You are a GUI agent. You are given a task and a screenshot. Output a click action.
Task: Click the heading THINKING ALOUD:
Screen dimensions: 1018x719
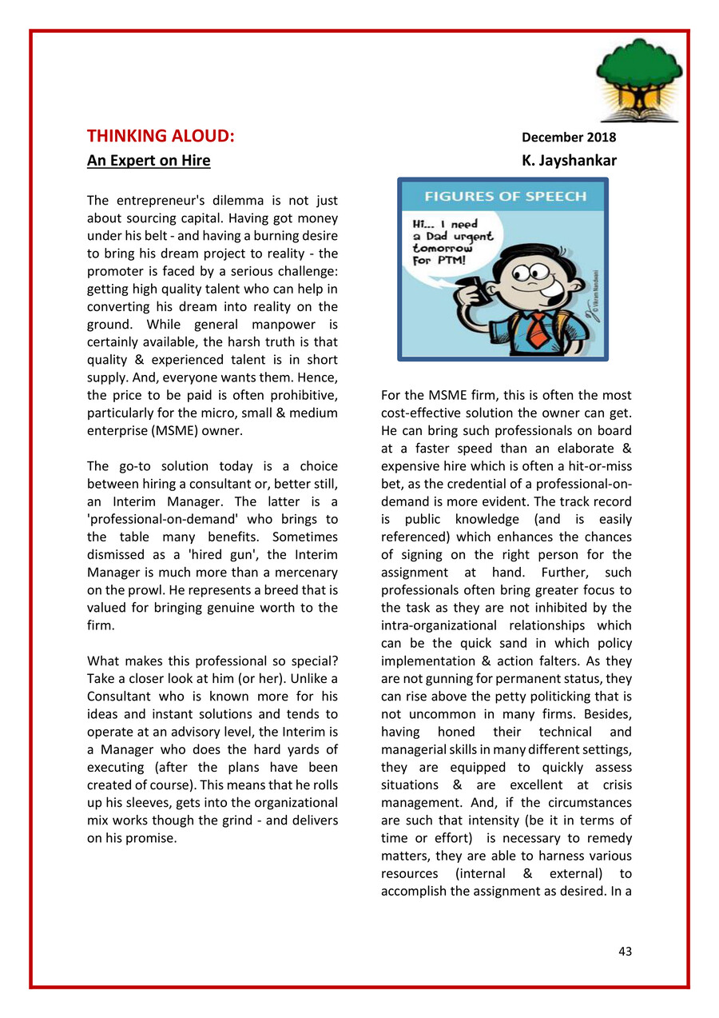click(x=161, y=136)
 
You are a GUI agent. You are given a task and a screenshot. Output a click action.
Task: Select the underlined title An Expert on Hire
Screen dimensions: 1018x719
click(x=149, y=161)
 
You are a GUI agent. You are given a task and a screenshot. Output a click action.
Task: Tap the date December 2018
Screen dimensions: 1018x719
click(x=569, y=137)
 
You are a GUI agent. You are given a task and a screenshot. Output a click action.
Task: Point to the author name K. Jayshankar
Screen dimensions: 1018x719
click(x=569, y=161)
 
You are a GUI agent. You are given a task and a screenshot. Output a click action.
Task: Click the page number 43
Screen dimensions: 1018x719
click(x=625, y=951)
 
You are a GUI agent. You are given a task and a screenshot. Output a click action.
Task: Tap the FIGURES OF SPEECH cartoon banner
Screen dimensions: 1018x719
click(x=504, y=197)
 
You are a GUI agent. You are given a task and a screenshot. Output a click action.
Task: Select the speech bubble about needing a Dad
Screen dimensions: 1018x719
click(x=452, y=237)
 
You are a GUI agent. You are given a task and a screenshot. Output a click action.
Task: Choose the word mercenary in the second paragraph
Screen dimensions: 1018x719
click(x=303, y=572)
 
